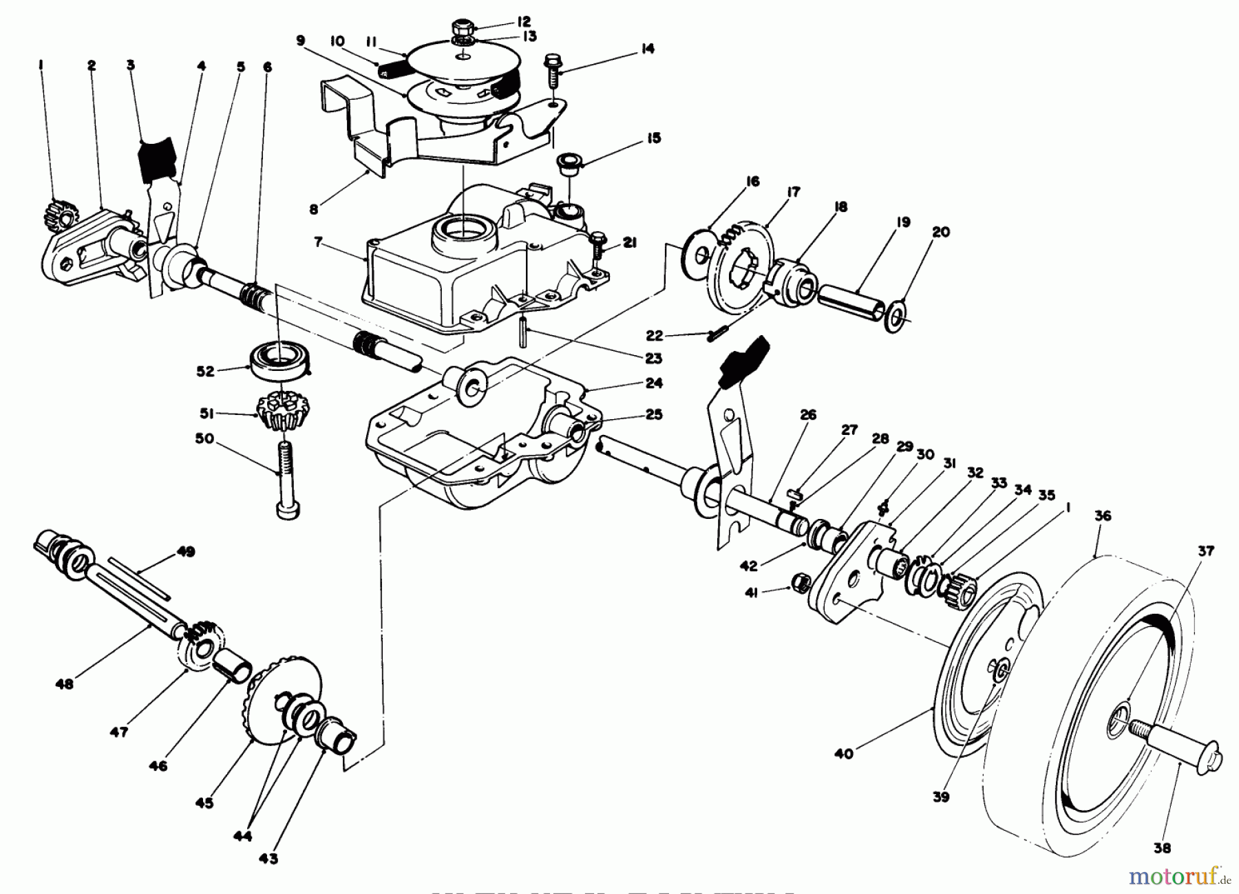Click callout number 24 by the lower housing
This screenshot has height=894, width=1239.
[653, 383]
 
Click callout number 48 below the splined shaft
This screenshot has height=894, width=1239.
[66, 684]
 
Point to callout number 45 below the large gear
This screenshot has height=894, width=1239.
[204, 802]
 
